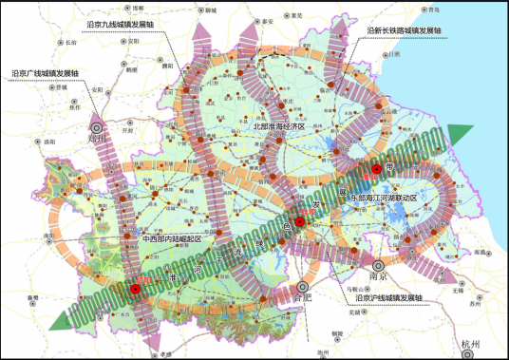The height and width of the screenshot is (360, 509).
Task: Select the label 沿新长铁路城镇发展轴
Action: pyautogui.click(x=405, y=30)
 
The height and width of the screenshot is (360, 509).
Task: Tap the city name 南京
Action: pyautogui.click(x=377, y=280)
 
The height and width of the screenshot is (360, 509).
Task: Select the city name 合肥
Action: pyautogui.click(x=302, y=297)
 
